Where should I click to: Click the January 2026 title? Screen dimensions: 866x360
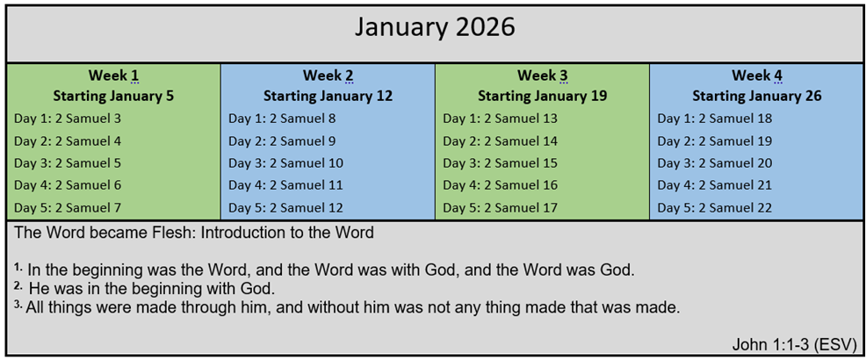point(435,27)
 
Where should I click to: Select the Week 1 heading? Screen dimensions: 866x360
point(113,76)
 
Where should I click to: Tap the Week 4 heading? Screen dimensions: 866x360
point(757,76)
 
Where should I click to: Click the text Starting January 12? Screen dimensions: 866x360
point(328,96)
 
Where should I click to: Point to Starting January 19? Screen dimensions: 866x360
point(543,96)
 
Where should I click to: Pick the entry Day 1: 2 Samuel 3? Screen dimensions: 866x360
point(68,119)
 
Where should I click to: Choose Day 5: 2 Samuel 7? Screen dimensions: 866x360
point(68,207)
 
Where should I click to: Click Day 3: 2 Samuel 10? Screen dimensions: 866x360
point(286,163)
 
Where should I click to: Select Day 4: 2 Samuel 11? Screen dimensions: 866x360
point(286,185)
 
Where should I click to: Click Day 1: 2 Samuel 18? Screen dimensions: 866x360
point(715,119)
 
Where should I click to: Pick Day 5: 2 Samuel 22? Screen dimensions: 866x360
point(715,207)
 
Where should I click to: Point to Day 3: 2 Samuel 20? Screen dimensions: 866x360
point(715,163)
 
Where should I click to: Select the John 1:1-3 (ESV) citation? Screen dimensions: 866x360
point(794,344)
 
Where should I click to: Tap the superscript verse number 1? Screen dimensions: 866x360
point(18,267)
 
